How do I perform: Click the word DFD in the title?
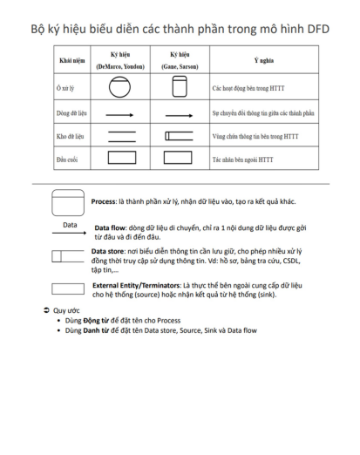coord(318,29)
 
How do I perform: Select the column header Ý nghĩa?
coord(264,60)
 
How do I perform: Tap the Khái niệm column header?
coord(72,60)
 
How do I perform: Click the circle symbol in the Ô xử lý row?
coord(119,87)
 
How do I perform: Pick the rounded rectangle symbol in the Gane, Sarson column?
coord(180,86)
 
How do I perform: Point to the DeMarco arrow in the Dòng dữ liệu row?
coord(119,115)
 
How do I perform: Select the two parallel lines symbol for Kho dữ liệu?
coord(122,137)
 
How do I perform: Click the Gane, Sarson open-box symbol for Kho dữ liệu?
coord(179,136)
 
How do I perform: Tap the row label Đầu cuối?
coord(67,160)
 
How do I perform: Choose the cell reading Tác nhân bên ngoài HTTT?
coord(242,160)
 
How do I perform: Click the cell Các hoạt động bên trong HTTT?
coord(248,88)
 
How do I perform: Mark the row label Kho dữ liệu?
coord(71,136)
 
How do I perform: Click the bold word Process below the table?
coord(104,201)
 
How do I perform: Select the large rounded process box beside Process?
coord(68,203)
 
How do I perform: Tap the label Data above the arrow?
coord(70,225)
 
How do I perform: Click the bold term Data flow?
coord(110,227)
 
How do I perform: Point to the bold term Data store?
coord(107,251)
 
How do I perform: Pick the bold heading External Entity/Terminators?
coord(136,285)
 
